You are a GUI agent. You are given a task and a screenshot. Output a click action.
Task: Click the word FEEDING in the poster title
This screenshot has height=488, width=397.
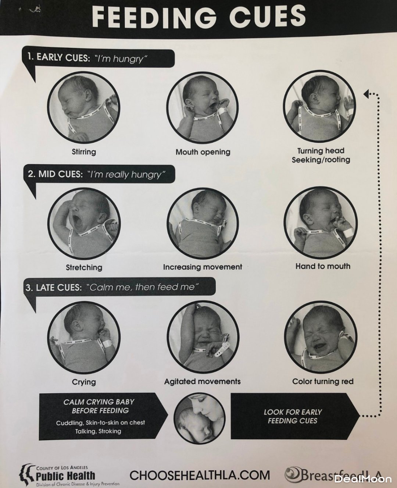point(155,17)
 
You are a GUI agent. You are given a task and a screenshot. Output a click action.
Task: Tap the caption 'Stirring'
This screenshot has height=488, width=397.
point(84,152)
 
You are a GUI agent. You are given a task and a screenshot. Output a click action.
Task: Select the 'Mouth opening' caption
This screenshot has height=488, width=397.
point(203,152)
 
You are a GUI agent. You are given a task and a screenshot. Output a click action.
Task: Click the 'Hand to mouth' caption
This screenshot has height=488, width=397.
point(323,266)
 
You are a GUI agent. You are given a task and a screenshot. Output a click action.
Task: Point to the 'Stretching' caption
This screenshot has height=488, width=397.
point(84,267)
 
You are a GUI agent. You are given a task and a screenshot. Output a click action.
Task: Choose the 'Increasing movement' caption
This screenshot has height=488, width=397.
point(203,267)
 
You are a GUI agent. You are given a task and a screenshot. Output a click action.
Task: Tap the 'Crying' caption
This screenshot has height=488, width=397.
point(84,382)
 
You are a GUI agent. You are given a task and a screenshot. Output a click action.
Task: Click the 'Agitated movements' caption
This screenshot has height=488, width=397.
point(203,381)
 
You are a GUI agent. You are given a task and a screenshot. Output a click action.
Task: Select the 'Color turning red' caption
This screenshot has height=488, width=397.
point(323,381)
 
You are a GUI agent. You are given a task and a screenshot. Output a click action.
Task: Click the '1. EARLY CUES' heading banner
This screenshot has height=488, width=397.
point(99,58)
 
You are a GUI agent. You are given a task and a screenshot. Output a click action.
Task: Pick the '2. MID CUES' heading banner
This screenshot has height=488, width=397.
point(100,174)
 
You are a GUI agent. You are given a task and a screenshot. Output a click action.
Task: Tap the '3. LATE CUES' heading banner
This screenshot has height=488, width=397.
point(119,286)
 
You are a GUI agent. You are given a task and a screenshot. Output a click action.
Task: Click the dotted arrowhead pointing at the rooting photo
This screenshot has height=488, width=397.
point(367,93)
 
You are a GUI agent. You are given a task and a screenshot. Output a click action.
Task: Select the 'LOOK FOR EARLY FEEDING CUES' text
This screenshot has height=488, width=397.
point(293,416)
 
